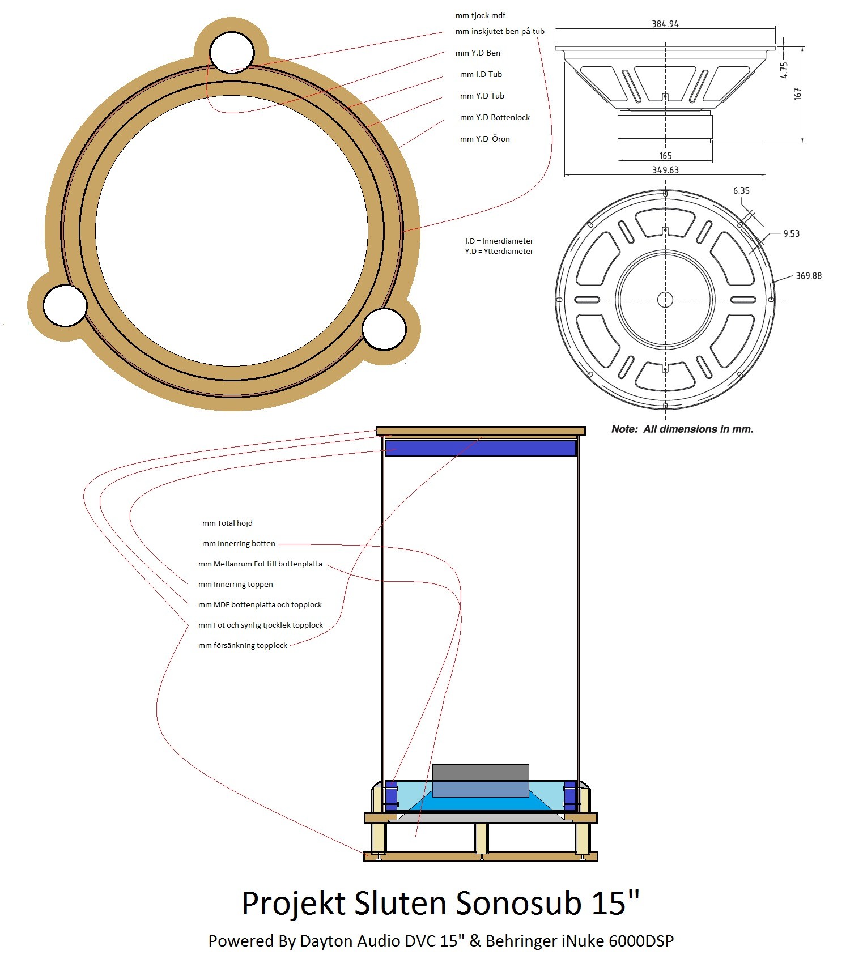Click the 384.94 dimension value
coord(665,24)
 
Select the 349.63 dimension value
coord(665,170)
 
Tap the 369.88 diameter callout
coord(809,276)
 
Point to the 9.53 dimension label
coord(791,233)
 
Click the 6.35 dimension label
coord(741,190)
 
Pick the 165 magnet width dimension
coord(665,155)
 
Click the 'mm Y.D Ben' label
coord(478,53)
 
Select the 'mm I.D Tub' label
coord(481,74)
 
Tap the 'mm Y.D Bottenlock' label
coord(495,117)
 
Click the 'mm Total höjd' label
coord(227,523)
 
